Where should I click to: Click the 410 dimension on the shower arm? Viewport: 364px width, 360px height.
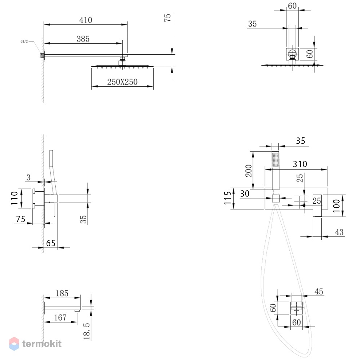[86, 20]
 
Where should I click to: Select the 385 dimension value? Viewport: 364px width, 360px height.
[83, 39]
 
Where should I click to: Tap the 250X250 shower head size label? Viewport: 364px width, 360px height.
[122, 82]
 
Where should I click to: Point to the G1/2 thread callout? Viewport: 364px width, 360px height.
[24, 42]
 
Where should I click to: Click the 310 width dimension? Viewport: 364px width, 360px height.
[300, 164]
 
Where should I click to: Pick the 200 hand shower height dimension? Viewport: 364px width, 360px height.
[249, 171]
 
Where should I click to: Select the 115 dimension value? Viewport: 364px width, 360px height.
[228, 198]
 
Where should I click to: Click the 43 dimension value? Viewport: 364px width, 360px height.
[339, 232]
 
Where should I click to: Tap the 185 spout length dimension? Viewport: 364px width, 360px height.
[62, 293]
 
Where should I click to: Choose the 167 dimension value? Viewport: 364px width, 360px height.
[60, 317]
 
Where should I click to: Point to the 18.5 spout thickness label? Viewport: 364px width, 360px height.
[87, 331]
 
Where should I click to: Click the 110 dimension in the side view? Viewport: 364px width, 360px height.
[15, 198]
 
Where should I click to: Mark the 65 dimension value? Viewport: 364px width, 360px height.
[51, 243]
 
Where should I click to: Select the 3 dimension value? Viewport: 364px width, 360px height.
[28, 177]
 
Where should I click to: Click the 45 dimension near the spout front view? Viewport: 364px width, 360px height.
[319, 291]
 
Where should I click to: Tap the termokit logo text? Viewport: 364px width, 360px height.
[42, 344]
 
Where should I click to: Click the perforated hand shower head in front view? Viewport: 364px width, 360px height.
[275, 160]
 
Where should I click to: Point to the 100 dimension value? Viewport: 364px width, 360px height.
[336, 206]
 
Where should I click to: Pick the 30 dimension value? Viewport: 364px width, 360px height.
[245, 193]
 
